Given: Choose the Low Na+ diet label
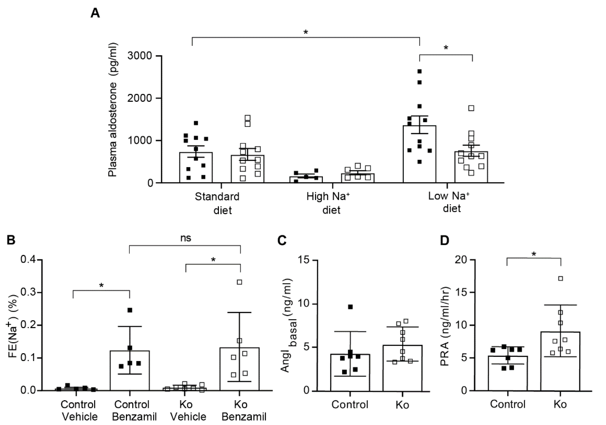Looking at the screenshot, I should point(449,202).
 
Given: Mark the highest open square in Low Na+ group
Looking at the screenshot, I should point(471,108).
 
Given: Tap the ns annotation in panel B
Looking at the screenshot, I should point(186,238).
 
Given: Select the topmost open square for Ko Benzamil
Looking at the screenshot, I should point(239,282).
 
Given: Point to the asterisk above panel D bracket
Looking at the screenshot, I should point(534,254).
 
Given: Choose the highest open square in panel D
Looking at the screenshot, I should point(561,279).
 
